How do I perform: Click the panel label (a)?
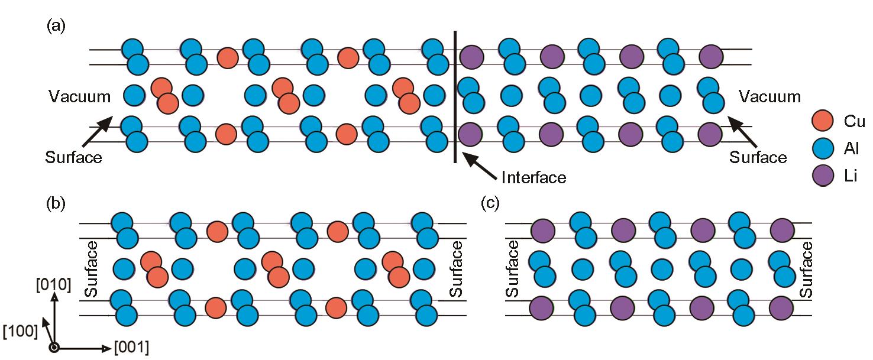[x=56, y=27]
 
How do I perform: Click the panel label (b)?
[x=56, y=203]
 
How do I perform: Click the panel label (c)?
[x=490, y=203]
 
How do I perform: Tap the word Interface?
[x=533, y=178]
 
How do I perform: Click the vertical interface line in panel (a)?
[x=455, y=96]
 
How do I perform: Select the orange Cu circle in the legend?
[x=823, y=121]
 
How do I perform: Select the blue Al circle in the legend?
[x=823, y=148]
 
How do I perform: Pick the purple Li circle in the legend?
[x=823, y=176]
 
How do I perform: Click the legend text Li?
[x=851, y=176]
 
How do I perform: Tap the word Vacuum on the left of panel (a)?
[x=79, y=96]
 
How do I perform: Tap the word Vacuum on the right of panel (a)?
[x=769, y=96]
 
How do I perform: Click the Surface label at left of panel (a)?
[x=73, y=157]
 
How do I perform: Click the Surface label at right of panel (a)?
[x=758, y=157]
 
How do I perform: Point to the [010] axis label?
[x=53, y=285]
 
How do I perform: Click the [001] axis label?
[x=131, y=347]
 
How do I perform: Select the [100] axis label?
[x=20, y=332]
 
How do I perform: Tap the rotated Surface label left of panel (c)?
[x=512, y=269]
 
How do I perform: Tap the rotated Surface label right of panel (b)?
[x=455, y=269]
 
